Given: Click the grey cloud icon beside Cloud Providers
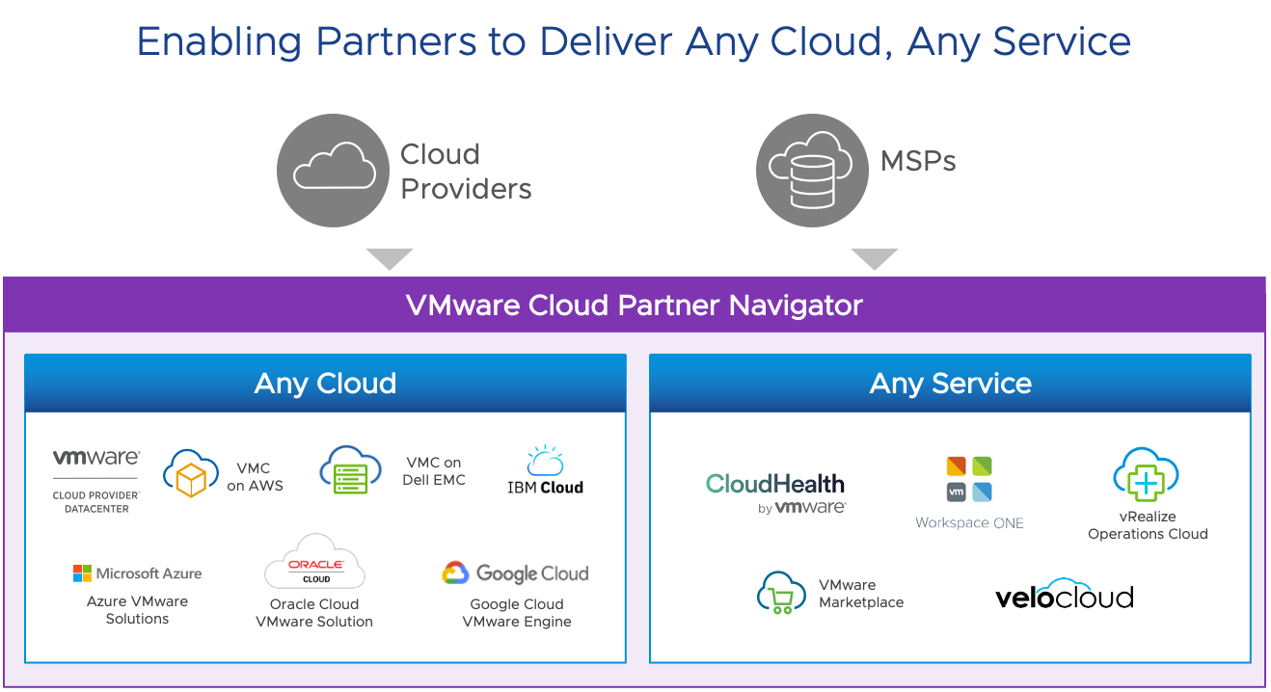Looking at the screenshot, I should point(334,170).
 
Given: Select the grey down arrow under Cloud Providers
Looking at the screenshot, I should point(390,258).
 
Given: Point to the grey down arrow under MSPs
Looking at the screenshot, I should point(874,258).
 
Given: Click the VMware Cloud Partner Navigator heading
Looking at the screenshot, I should point(634,306).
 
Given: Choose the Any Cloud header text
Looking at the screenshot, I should point(325,384).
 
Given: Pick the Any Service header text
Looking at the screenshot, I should point(950,384).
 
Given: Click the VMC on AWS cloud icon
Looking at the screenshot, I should point(191,472).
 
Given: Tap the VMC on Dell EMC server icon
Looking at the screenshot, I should point(350,470).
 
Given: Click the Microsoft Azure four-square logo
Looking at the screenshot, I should point(83,573).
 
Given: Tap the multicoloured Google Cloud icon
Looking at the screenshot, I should point(455,573).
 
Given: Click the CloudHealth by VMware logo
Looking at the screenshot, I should point(775,492).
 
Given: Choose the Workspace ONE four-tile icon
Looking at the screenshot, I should point(969,479).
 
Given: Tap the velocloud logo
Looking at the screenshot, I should point(1064,597).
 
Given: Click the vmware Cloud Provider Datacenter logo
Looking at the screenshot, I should point(96,479).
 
